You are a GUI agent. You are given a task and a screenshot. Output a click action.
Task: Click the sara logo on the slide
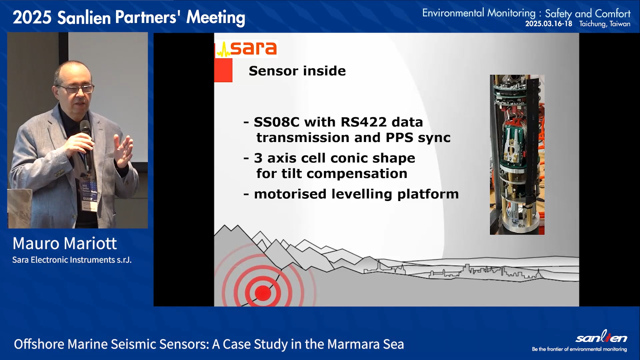(x=246, y=49)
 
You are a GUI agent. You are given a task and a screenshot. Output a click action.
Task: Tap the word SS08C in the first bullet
(x=277, y=122)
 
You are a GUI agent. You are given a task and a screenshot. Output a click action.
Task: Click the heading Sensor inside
(x=297, y=71)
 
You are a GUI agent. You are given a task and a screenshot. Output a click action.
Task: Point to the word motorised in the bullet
(x=290, y=194)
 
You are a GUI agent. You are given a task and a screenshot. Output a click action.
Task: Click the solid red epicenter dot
(x=263, y=293)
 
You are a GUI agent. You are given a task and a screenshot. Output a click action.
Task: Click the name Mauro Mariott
(x=65, y=243)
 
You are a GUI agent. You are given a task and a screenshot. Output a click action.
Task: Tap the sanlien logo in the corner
(x=601, y=337)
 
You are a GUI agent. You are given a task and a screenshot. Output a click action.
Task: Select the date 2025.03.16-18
(x=549, y=24)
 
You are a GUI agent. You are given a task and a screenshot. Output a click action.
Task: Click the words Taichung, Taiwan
(x=605, y=24)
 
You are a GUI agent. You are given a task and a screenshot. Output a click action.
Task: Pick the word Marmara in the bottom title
(x=353, y=344)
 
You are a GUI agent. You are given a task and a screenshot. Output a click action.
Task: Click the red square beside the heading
(x=223, y=70)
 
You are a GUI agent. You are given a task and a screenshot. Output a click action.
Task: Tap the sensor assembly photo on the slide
(x=517, y=155)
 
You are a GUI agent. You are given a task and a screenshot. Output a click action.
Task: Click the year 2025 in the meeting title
(x=32, y=17)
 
